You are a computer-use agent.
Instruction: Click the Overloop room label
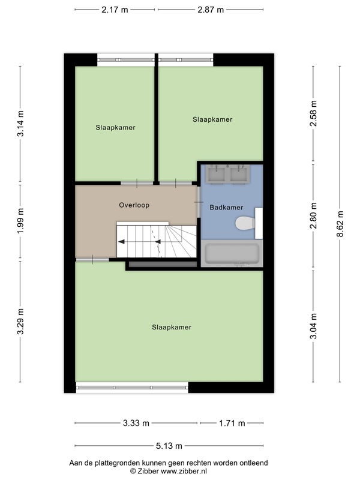[x=134, y=205]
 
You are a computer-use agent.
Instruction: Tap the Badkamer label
[x=226, y=208]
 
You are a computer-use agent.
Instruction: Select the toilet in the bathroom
[x=245, y=223]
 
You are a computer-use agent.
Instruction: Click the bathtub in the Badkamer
[x=232, y=253]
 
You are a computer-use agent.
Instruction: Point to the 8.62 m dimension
[x=340, y=224]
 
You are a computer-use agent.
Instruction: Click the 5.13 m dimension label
[x=169, y=446]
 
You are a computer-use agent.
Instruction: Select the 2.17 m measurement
[x=115, y=10]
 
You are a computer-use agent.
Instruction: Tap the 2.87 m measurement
[x=211, y=10]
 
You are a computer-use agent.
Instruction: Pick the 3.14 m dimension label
[x=20, y=124]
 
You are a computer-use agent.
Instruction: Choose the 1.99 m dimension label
[x=20, y=221]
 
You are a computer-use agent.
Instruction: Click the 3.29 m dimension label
[x=20, y=322]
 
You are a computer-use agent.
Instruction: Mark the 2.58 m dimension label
[x=313, y=113]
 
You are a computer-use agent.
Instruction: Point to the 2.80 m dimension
[x=313, y=215]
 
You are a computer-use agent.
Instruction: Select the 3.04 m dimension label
[x=313, y=326]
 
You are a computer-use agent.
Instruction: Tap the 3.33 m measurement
[x=136, y=424]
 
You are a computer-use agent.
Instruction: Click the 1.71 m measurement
[x=232, y=424]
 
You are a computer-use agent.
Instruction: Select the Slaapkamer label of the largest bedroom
[x=172, y=327]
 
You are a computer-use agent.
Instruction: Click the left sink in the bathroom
[x=216, y=174]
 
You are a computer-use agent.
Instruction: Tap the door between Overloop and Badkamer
[x=199, y=202]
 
